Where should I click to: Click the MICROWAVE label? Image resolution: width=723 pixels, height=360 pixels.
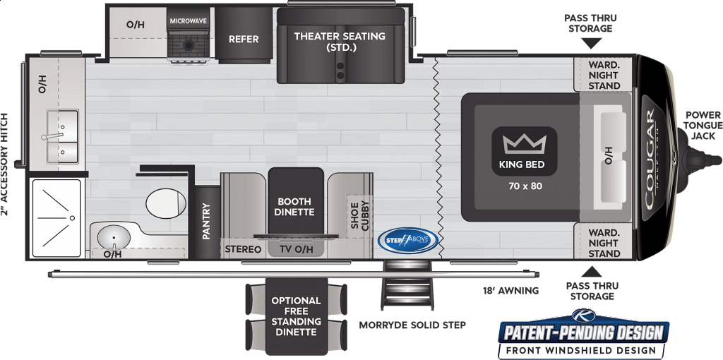point(188,21)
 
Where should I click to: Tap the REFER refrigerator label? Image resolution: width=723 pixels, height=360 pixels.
point(244,40)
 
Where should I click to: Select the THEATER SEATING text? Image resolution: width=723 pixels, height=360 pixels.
point(340,36)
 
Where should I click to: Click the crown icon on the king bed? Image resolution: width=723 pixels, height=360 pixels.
point(525,144)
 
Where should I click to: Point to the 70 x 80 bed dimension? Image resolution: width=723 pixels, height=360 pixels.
point(525,186)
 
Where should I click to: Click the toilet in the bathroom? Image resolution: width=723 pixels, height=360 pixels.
point(166,203)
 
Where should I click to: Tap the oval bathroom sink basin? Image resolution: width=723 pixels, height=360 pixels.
point(114,237)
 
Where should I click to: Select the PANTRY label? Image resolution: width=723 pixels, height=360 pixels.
point(206,221)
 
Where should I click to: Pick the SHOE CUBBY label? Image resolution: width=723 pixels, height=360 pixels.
point(360,216)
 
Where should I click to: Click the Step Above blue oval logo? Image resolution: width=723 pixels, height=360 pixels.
point(407,240)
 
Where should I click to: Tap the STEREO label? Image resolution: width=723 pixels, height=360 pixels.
point(243,249)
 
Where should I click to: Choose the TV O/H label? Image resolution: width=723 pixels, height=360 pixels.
point(297,250)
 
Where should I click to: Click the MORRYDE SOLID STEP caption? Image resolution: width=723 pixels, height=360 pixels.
point(412,325)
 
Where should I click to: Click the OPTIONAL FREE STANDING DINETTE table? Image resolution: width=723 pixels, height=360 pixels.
point(296,316)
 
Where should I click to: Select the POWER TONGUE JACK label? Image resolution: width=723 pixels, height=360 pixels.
point(703,126)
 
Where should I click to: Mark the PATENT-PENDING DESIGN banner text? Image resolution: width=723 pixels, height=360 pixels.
point(583,332)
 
